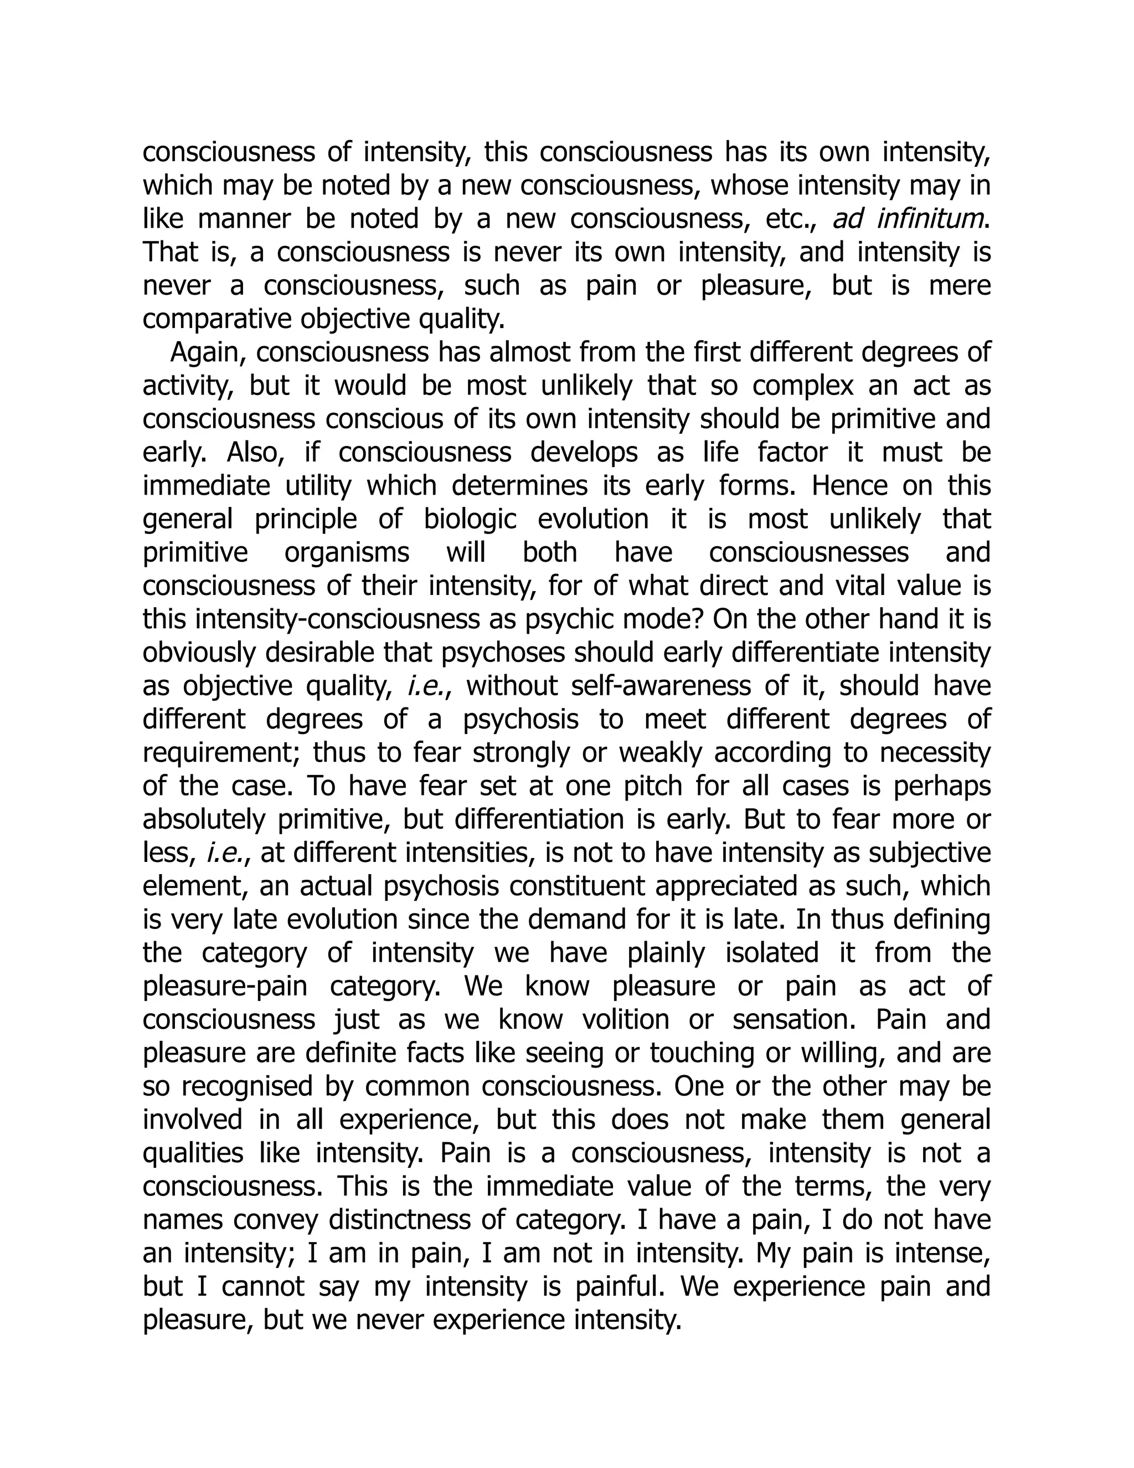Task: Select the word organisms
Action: (x=347, y=552)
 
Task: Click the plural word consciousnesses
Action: (x=809, y=552)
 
